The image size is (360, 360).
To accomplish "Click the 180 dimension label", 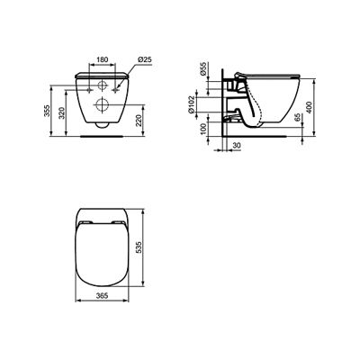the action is click(102, 59).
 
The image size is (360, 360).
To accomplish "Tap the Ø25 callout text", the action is click(145, 59).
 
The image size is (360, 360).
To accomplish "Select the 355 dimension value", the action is click(46, 112).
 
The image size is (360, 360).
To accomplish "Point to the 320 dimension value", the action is click(61, 112).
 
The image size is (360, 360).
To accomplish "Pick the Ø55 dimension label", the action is click(203, 69).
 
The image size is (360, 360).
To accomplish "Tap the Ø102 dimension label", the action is click(192, 104).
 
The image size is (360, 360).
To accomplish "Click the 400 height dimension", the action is click(310, 107).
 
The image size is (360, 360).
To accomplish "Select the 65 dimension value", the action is click(297, 118).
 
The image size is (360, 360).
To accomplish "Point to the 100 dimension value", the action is click(203, 129).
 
